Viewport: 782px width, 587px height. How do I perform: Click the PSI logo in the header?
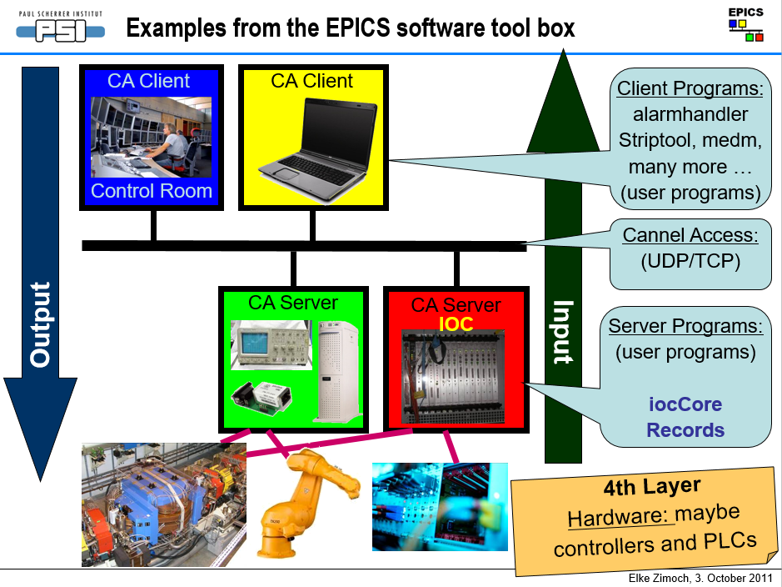point(62,28)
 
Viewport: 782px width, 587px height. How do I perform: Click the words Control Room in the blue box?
point(151,191)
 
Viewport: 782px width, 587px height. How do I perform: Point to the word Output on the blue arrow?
point(40,325)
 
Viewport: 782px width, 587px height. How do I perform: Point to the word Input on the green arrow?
point(564,332)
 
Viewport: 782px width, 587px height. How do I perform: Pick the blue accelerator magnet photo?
point(164,504)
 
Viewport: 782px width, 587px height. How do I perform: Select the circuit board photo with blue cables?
point(439,506)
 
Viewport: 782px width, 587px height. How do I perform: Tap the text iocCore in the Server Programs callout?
point(685,405)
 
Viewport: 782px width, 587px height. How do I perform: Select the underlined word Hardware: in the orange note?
point(619,518)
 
